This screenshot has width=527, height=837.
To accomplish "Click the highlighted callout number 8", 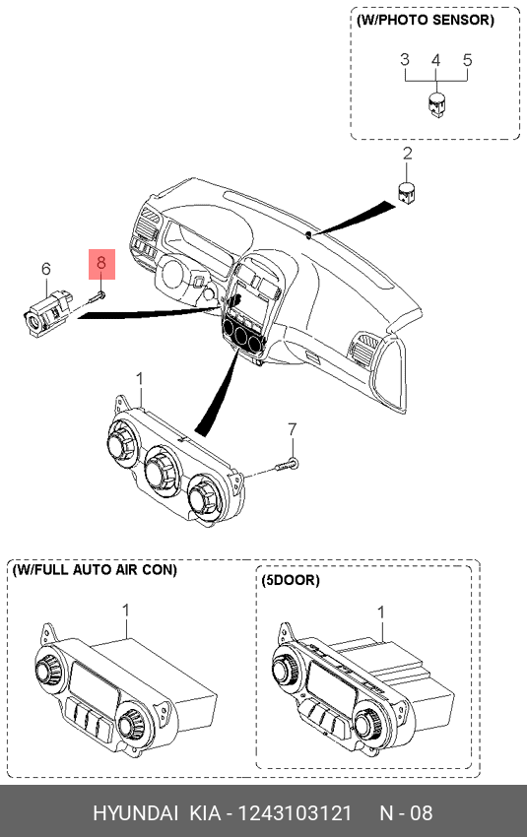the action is coord(100,263).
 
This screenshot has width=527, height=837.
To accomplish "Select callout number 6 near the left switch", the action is coord(46,269).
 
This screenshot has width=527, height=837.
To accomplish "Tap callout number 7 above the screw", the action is coord(292,429).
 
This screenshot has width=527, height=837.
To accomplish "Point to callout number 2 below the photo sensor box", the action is coord(408,154).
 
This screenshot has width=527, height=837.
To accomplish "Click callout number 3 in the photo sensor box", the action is coord(405,60).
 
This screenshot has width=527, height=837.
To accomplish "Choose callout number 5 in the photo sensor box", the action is coord(468,60).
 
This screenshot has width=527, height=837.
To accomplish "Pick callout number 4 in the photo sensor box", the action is coord(436,60).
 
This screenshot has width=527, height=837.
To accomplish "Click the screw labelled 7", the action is coord(288,466).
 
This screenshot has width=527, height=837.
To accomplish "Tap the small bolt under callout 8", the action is coord(97,295).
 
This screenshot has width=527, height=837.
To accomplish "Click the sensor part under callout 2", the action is coord(408,192).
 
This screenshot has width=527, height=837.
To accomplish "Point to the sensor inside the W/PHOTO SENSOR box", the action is coord(436,104).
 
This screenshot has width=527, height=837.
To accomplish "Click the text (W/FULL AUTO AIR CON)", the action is coord(95,570).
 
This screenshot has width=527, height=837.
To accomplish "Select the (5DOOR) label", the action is coord(291,580).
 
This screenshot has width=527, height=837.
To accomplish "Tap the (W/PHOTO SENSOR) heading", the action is coord(426,21).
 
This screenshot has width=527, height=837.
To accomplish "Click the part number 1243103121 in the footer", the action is coord(295,813).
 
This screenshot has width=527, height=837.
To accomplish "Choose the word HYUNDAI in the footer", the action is coord(136,813).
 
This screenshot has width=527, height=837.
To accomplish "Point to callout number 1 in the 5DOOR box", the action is coord(381,612).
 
